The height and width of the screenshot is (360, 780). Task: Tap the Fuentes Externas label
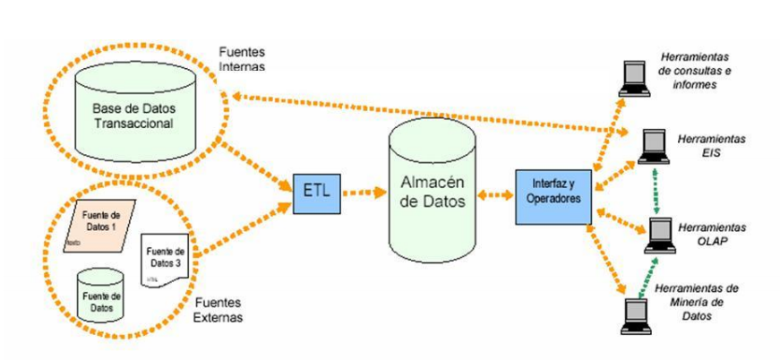(x=219, y=310)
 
